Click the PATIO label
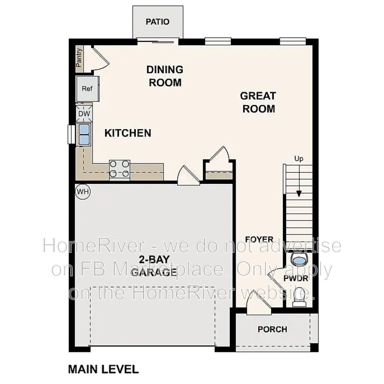[157, 22]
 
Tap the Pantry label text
[80, 58]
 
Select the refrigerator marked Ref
[87, 89]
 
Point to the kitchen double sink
[84, 134]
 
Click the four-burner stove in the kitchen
[120, 169]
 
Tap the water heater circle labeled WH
[83, 192]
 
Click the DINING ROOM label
[165, 76]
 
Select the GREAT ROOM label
[258, 102]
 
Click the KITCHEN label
[128, 133]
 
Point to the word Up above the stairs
[299, 159]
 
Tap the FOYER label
[259, 240]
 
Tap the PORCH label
[272, 329]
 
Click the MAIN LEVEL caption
[103, 369]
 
